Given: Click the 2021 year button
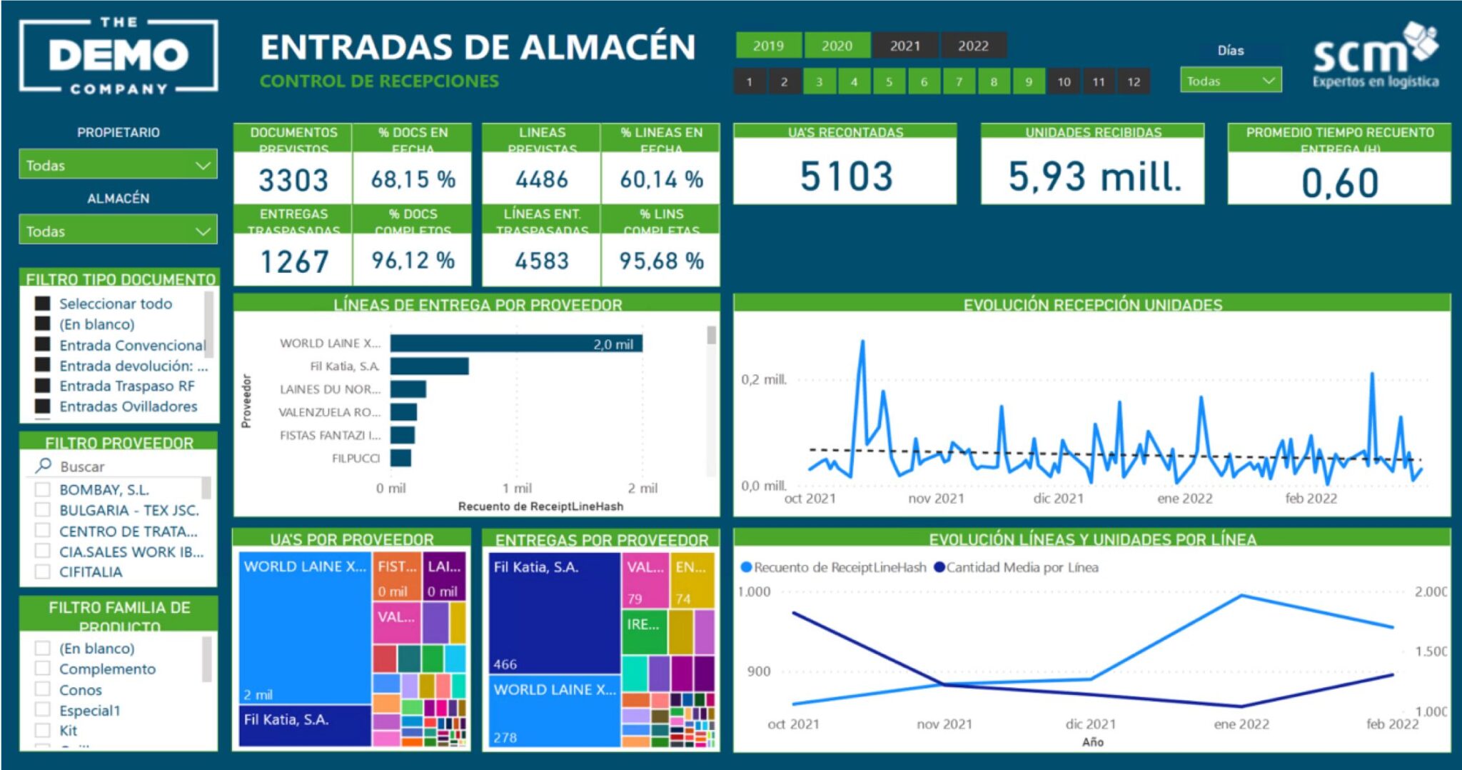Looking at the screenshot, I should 904,46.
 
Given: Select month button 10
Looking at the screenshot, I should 1064,81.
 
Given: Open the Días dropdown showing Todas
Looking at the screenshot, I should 1231,81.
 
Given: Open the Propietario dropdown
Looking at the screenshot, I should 118,165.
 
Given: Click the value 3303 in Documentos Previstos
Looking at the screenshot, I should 293,179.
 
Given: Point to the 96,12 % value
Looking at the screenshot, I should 413,261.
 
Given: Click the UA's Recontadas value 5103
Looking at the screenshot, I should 845,176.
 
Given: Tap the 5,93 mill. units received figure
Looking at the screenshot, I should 1093,176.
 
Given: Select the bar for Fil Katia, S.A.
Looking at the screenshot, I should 429,366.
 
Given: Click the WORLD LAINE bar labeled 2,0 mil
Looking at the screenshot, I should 515,344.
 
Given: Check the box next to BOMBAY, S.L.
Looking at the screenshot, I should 43,490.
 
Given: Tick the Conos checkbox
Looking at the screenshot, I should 43,689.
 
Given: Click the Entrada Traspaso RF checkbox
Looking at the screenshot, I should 43,386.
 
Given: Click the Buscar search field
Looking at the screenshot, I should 121,466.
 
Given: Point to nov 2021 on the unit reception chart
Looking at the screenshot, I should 936,498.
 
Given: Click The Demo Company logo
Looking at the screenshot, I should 119,56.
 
